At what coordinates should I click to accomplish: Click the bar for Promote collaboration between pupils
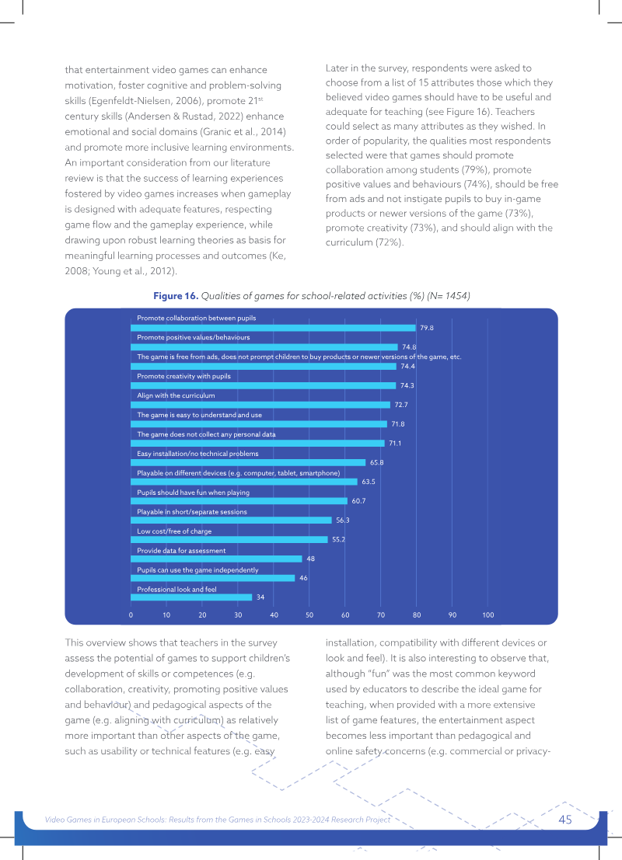[x=273, y=328]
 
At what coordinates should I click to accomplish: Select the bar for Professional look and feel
[x=191, y=597]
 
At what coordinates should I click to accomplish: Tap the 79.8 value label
[x=427, y=328]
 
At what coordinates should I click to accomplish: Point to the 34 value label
[x=260, y=597]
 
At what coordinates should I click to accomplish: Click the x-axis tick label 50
[x=309, y=615]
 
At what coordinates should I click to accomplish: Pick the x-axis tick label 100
[x=488, y=615]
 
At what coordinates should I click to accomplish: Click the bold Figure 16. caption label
[x=176, y=296]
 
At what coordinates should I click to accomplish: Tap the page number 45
[x=565, y=820]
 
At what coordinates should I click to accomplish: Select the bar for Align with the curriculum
[x=260, y=405]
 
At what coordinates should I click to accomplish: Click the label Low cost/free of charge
[x=174, y=531]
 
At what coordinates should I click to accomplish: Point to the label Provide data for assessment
[x=181, y=551]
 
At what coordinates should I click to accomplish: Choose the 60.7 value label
[x=358, y=501]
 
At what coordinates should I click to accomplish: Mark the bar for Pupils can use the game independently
[x=212, y=578]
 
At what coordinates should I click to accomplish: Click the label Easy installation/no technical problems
[x=197, y=454]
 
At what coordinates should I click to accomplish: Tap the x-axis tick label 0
[x=131, y=615]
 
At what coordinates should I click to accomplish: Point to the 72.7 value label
[x=401, y=405]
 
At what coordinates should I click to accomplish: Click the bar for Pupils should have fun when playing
[x=239, y=501]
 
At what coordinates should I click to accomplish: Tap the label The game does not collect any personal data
[x=206, y=434]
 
